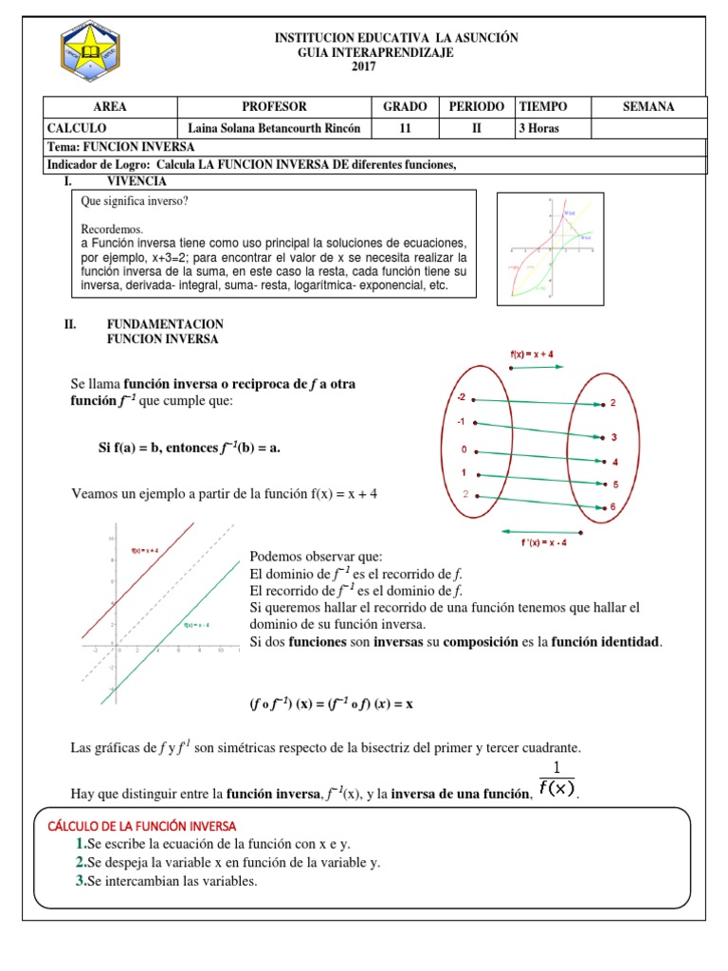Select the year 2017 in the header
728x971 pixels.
[364, 66]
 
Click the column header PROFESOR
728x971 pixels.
[275, 107]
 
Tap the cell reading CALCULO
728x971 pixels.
[77, 128]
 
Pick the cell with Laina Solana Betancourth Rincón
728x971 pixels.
[275, 128]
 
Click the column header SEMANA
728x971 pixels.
[648, 107]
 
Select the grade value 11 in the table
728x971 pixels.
[405, 128]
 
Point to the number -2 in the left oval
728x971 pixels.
[462, 398]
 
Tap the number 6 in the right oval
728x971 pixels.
[613, 507]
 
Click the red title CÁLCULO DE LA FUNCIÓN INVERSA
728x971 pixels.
[141, 826]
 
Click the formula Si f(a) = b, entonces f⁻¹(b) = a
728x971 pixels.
[191, 447]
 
